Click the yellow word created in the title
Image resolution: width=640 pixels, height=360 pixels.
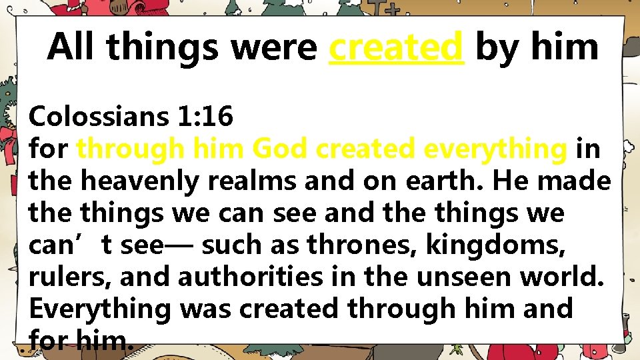coord(396,47)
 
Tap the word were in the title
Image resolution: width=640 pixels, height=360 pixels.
coord(275,47)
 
